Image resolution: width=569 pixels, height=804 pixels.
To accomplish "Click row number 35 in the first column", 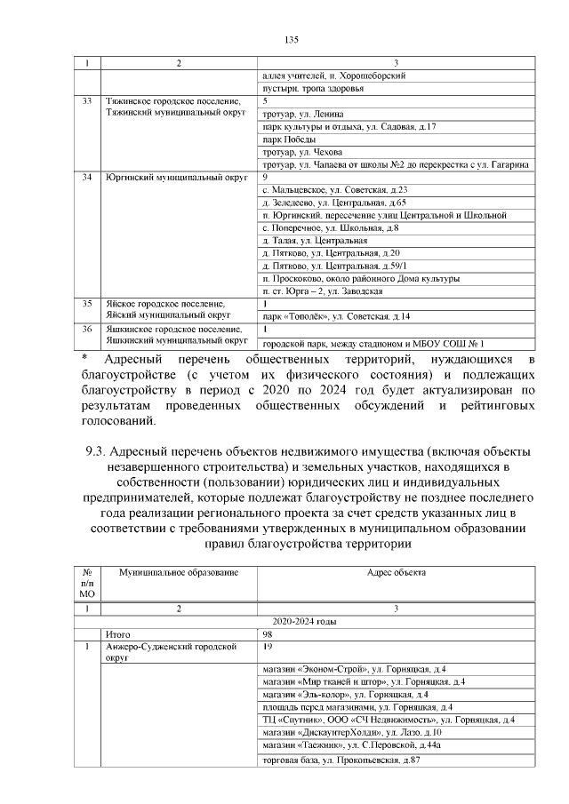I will coord(87,303).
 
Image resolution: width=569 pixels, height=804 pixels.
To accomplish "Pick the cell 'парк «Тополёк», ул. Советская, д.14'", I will coord(333,315).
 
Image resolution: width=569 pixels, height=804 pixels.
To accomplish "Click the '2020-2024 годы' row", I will coord(305,622).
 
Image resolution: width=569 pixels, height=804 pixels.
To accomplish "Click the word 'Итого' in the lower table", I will coord(118,634).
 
